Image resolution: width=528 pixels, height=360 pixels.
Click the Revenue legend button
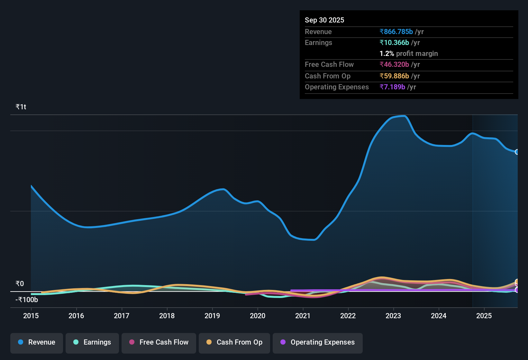click(x=37, y=343)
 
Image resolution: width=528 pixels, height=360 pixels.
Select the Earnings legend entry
click(x=92, y=343)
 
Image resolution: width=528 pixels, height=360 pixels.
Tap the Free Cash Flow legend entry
click(x=159, y=343)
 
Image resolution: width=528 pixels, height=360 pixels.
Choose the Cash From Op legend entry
click(x=234, y=343)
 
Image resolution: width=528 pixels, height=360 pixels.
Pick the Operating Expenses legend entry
click(x=318, y=343)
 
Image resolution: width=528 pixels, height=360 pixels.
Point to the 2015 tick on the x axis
click(x=31, y=316)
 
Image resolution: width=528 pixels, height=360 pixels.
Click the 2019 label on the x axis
click(x=212, y=316)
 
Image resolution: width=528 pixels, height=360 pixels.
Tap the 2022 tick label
click(x=348, y=316)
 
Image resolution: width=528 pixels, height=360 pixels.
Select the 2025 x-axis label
click(x=484, y=316)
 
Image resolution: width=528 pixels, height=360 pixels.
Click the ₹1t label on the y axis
click(x=21, y=107)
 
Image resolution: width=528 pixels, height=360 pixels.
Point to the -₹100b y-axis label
click(x=27, y=300)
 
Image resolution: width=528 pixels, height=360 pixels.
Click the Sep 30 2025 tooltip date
click(x=324, y=20)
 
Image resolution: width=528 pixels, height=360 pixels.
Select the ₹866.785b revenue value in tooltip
click(x=396, y=32)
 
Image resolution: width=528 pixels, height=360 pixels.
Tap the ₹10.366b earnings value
click(x=394, y=43)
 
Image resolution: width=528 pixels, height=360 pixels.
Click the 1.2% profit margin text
click(x=408, y=54)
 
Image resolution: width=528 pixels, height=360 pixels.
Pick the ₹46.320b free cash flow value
click(x=394, y=65)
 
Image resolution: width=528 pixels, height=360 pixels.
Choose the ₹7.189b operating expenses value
click(x=392, y=87)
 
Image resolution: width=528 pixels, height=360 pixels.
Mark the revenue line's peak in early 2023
click(x=404, y=116)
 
